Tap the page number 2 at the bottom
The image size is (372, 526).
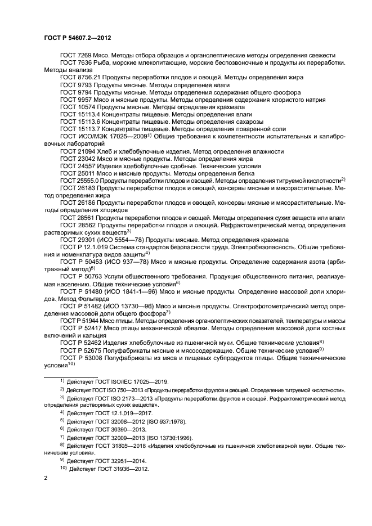coord(46,478)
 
